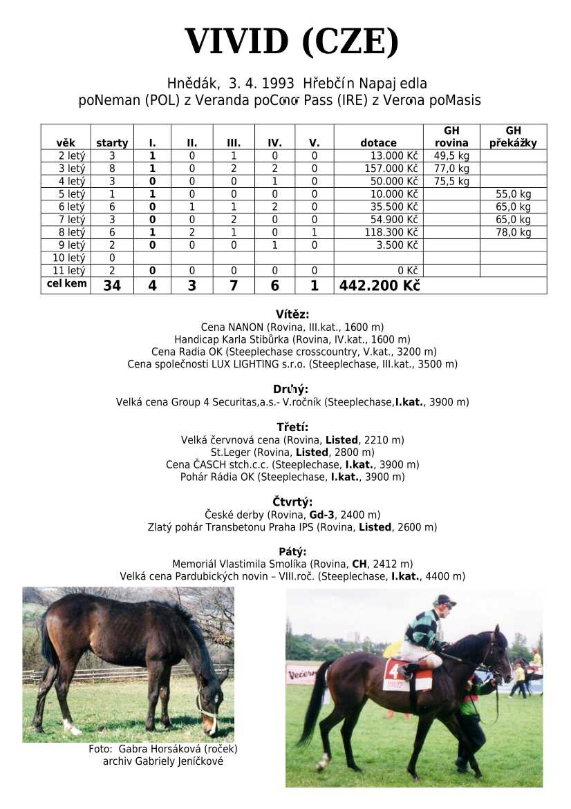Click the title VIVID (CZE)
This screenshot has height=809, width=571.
point(291,42)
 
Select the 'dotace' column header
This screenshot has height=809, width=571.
point(378,143)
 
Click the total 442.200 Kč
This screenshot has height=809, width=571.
point(379,285)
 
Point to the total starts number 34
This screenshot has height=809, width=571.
point(111,285)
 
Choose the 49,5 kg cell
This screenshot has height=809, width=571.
point(451,155)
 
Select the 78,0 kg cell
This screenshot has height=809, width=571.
point(514,232)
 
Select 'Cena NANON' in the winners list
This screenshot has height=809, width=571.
point(229,327)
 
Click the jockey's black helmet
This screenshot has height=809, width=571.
point(444,600)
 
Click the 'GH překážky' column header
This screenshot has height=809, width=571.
point(513,137)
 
